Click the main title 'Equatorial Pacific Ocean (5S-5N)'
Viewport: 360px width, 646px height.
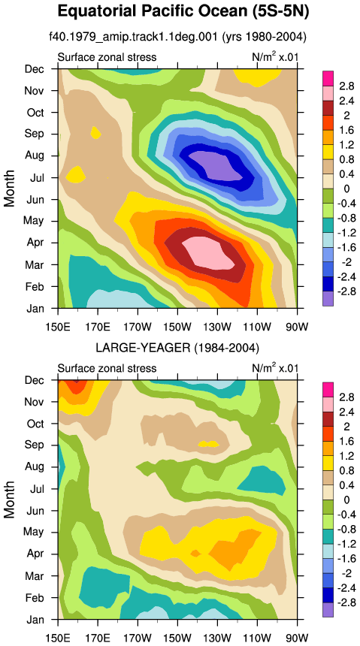tap(183, 11)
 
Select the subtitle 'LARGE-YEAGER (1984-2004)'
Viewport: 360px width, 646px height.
tap(177, 348)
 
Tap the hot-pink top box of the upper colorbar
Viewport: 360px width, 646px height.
tap(328, 78)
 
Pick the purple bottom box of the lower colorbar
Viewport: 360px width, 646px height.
tap(328, 610)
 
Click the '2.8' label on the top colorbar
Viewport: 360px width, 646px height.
tap(346, 86)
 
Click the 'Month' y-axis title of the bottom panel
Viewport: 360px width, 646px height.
tap(9, 500)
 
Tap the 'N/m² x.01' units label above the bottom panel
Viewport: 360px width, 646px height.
tap(274, 367)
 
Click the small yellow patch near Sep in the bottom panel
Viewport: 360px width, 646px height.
tap(208, 444)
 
